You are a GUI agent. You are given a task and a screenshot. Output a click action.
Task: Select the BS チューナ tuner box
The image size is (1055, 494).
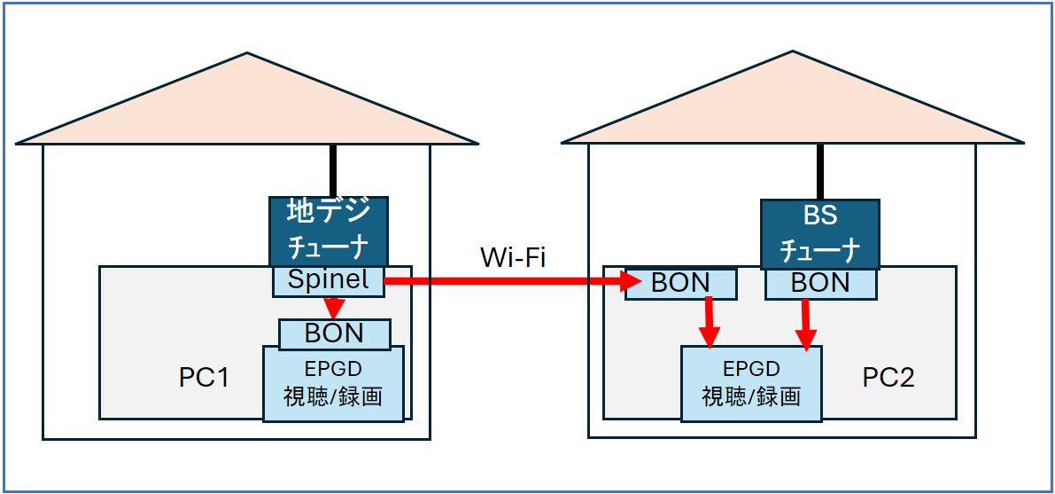click(x=819, y=233)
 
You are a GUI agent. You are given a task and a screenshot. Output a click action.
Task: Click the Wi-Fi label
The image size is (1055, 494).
click(x=513, y=257)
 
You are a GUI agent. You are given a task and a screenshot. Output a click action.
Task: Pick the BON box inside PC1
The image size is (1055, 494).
click(x=334, y=333)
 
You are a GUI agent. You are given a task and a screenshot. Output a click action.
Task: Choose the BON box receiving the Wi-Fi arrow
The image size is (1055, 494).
click(x=680, y=283)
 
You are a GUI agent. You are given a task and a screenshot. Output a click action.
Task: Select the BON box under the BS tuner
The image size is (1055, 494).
click(x=820, y=283)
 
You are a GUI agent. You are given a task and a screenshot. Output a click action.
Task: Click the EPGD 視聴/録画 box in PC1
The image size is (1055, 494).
click(x=333, y=382)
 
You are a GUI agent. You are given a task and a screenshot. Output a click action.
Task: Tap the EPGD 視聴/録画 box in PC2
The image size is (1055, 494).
click(x=750, y=383)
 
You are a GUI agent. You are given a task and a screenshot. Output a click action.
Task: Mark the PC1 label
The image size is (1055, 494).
click(x=204, y=378)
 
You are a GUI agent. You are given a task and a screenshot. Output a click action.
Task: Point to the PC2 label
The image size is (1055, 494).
click(x=888, y=378)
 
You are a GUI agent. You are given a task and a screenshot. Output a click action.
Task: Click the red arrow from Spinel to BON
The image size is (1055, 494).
click(x=333, y=307)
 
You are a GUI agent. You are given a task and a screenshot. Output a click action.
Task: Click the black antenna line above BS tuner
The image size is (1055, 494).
click(x=820, y=172)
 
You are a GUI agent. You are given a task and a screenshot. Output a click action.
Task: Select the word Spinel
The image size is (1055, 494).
click(x=329, y=281)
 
